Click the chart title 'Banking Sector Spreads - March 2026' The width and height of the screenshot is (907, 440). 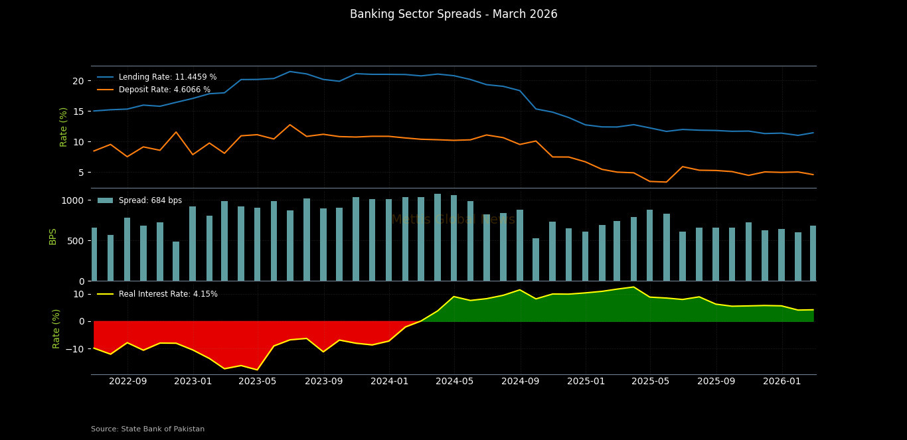453,15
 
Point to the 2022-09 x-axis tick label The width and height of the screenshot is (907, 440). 127,382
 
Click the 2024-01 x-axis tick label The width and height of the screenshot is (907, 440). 389,382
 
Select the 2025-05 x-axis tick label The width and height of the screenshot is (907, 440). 650,382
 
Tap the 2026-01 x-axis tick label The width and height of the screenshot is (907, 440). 782,382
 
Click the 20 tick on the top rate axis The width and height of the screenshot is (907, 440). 78,81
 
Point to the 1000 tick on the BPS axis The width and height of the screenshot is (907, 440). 72,200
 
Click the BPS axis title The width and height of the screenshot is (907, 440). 53,236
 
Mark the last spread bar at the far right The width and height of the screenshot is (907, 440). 813,254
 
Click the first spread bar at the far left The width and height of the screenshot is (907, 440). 94,255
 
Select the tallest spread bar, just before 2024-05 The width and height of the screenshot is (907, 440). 438,238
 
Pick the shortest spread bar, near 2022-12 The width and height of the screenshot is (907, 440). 176,261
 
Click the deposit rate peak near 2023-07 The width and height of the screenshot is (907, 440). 289,125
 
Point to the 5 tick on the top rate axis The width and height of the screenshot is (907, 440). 80,173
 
